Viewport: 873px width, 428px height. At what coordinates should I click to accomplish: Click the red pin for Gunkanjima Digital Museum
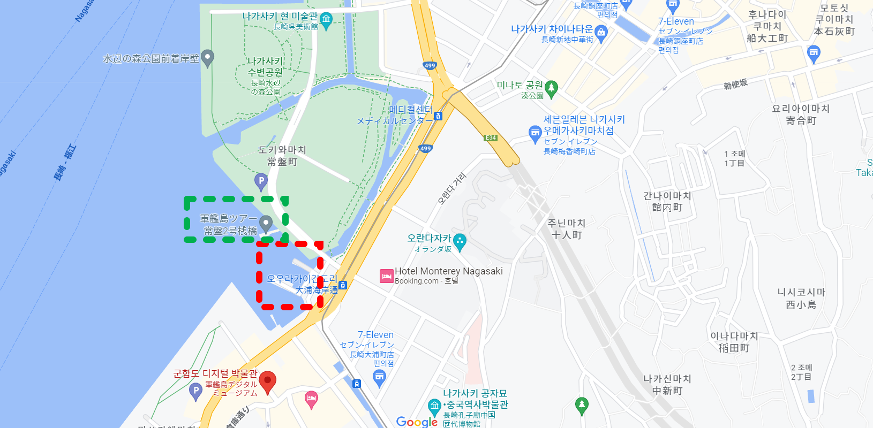click(x=267, y=382)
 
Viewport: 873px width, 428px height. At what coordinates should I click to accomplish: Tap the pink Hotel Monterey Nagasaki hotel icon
click(x=387, y=276)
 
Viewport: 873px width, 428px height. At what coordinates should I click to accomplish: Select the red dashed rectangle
click(x=290, y=244)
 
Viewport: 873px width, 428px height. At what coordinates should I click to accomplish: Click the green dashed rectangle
click(x=236, y=199)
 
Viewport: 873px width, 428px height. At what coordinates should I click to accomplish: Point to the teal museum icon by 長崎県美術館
click(x=326, y=20)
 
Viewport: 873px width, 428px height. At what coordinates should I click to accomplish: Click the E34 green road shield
click(x=491, y=138)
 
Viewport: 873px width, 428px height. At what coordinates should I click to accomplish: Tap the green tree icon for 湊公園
click(x=552, y=88)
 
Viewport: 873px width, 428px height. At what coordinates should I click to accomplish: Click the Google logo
click(x=417, y=422)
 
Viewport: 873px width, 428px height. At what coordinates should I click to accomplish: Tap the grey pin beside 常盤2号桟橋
click(x=266, y=223)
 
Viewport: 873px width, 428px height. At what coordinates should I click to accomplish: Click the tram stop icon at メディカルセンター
click(x=438, y=116)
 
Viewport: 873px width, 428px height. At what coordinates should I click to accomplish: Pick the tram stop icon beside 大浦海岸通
click(x=343, y=285)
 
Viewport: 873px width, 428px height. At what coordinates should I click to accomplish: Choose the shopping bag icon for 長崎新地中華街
click(x=601, y=33)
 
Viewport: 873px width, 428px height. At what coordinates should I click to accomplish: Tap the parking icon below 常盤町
click(x=260, y=181)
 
